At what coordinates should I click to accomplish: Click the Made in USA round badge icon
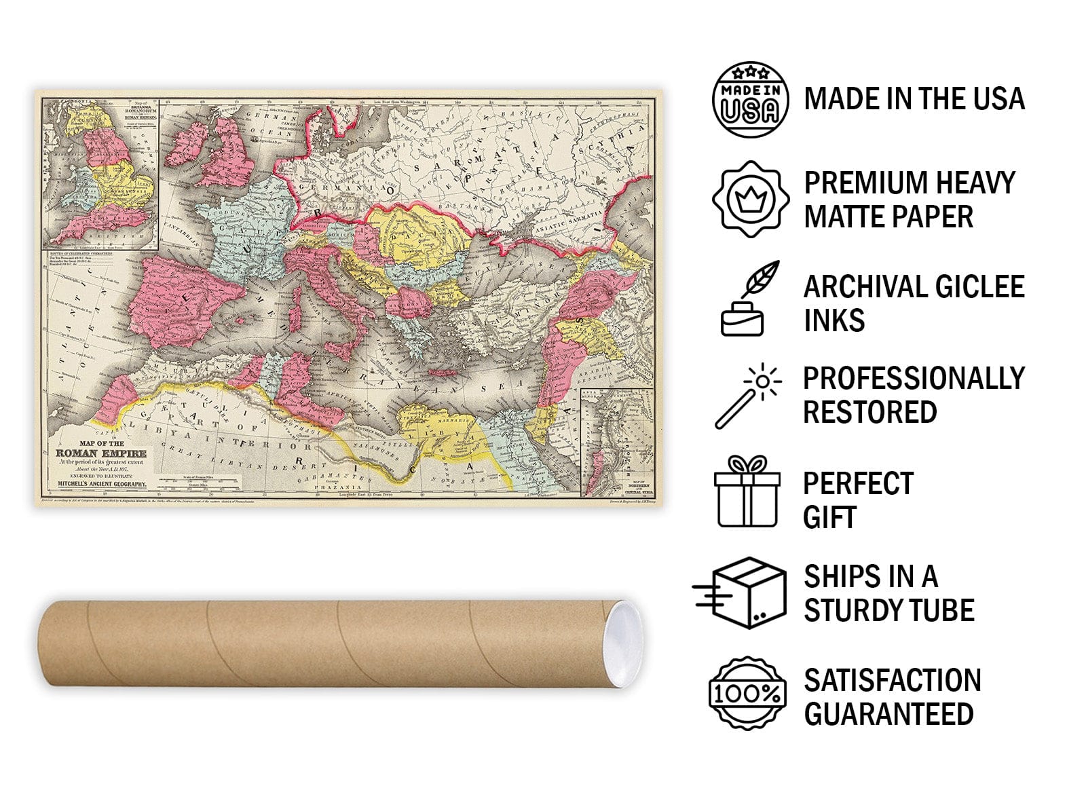750,100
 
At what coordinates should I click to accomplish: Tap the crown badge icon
750,200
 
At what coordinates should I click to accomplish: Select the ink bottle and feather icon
750,299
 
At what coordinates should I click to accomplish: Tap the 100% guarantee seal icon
747,693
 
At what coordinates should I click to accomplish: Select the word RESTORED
870,412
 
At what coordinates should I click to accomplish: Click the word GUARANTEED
888,714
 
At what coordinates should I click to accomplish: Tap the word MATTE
846,217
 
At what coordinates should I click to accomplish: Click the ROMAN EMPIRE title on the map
100,453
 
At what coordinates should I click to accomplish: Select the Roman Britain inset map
100,174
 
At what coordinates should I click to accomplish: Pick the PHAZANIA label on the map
335,487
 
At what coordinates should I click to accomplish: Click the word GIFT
829,517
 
